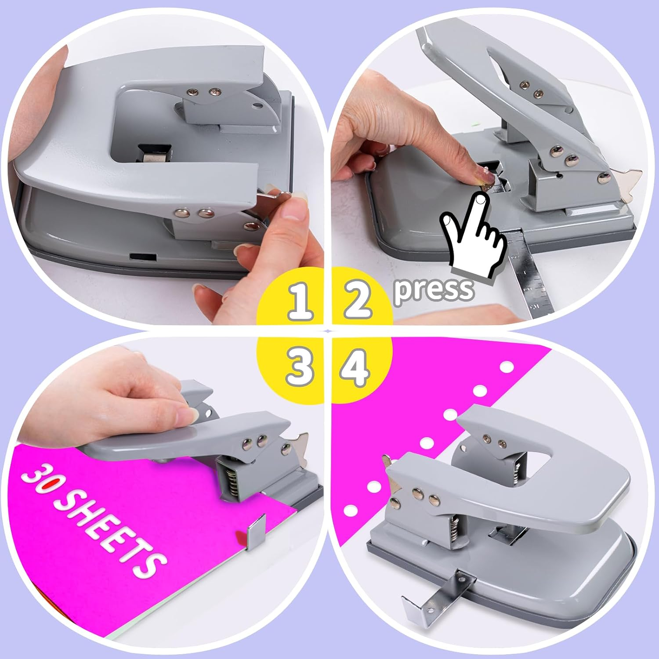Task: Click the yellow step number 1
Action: tap(301, 301)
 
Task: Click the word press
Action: tap(434, 289)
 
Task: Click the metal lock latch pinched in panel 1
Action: tap(269, 196)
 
